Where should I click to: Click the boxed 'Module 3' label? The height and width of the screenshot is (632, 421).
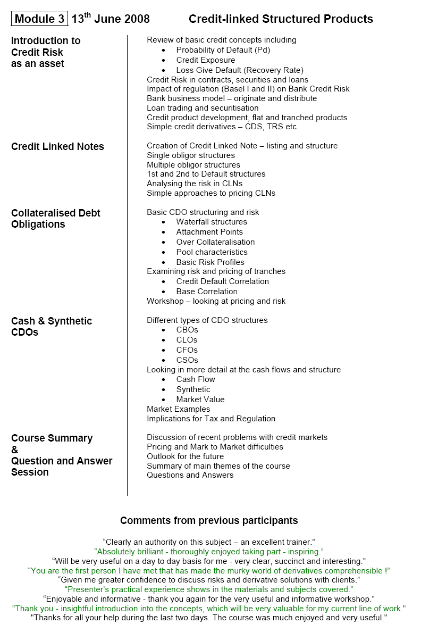pyautogui.click(x=39, y=19)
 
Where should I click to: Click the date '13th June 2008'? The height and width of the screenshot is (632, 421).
pyautogui.click(x=111, y=19)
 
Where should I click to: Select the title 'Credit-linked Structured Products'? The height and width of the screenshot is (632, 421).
pyautogui.click(x=281, y=19)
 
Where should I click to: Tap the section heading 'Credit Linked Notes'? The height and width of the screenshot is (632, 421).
pyautogui.click(x=57, y=146)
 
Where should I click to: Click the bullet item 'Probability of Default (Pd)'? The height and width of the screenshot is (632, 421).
pyautogui.click(x=223, y=50)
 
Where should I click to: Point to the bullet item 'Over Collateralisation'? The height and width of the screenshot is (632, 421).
pyautogui.click(x=215, y=242)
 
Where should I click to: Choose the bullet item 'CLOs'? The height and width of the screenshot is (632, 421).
pyautogui.click(x=187, y=340)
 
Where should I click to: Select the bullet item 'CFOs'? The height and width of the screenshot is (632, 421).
pyautogui.click(x=187, y=350)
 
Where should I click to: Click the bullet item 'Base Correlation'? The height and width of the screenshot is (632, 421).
pyautogui.click(x=207, y=292)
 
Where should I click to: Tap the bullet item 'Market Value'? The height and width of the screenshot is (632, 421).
pyautogui.click(x=200, y=400)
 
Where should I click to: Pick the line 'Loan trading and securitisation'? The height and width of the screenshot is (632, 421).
pyautogui.click(x=203, y=108)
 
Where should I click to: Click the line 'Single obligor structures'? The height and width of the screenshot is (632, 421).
pyautogui.click(x=191, y=155)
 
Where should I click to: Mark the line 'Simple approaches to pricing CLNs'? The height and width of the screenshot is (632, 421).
pyautogui.click(x=211, y=193)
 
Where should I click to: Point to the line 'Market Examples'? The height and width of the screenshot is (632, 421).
pyautogui.click(x=179, y=409)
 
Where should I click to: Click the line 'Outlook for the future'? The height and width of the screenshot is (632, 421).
pyautogui.click(x=186, y=456)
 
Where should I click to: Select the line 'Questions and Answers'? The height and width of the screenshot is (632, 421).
pyautogui.click(x=190, y=475)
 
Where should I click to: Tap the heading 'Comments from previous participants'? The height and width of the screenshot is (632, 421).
pyautogui.click(x=209, y=520)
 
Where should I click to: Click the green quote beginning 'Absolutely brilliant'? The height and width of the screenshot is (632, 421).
pyautogui.click(x=209, y=552)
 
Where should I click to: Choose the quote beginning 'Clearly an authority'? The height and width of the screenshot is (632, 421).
pyautogui.click(x=209, y=542)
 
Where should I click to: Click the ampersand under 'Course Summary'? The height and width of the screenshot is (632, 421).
pyautogui.click(x=14, y=450)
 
